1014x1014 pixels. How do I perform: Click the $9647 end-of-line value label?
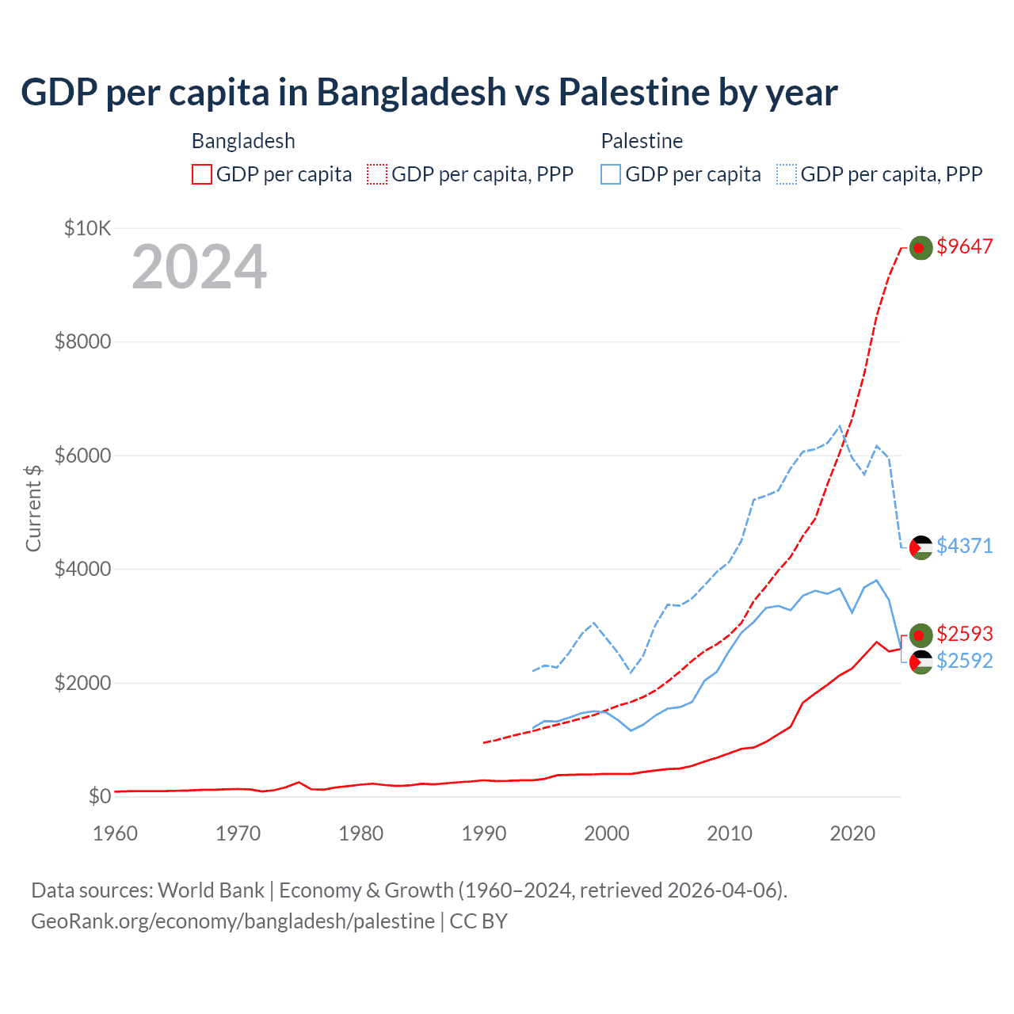[964, 246]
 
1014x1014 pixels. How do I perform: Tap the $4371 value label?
[964, 546]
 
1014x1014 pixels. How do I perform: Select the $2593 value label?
[964, 634]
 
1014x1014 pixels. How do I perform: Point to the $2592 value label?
[964, 661]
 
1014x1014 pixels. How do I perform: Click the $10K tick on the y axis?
[87, 229]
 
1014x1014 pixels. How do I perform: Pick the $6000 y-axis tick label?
[82, 456]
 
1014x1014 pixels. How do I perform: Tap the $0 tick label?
[99, 796]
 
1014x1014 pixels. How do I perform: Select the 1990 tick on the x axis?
[483, 833]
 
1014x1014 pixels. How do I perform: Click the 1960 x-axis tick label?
[116, 833]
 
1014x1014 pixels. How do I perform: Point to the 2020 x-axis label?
[852, 833]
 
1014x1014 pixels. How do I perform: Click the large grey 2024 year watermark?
[199, 267]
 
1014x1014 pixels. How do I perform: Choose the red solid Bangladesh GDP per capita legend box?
[202, 174]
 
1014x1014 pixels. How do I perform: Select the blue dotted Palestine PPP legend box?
[787, 174]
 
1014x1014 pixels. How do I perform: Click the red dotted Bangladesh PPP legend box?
[377, 174]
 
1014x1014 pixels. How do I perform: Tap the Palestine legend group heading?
[642, 141]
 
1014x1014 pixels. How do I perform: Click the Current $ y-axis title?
[33, 508]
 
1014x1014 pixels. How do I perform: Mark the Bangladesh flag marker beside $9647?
[920, 248]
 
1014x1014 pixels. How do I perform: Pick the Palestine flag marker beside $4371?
[920, 547]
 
